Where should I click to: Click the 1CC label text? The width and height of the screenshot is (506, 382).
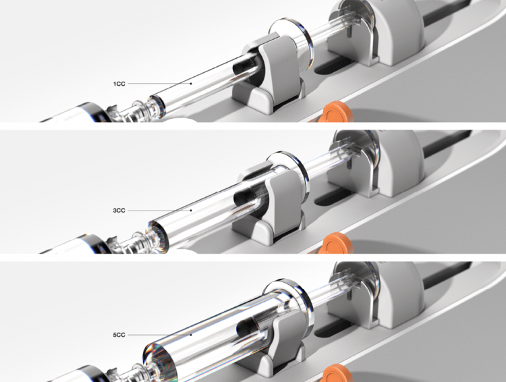[x=119, y=84]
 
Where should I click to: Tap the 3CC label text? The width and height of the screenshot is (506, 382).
[x=119, y=211]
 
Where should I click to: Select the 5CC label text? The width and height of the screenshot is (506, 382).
[x=119, y=335]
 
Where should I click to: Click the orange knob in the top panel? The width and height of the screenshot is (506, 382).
[x=337, y=112]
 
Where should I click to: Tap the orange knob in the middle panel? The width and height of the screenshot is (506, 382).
[x=337, y=243]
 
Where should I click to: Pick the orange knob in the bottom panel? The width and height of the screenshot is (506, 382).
[x=337, y=373]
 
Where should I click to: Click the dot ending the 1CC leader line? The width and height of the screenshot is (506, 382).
[x=191, y=84]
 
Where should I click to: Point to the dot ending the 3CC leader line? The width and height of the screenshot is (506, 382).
[x=191, y=210]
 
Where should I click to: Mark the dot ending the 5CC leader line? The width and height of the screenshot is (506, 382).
[x=191, y=335]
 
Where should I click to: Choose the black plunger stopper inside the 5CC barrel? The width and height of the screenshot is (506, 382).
[x=248, y=326]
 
